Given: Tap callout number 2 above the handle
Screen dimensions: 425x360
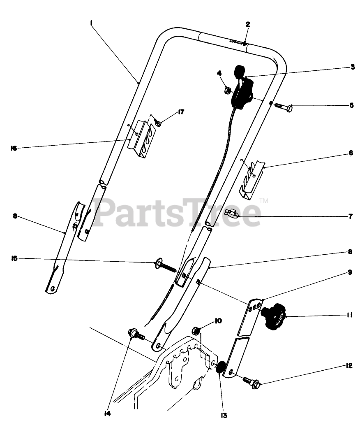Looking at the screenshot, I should tap(247, 25).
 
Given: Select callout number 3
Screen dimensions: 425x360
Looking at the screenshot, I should tap(353, 67).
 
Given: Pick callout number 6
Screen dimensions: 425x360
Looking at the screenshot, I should tap(351, 153).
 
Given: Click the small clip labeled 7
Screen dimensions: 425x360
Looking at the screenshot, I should tap(233, 214).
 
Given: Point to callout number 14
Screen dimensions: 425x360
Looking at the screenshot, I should tap(108, 414).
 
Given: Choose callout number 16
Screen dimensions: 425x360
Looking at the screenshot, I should tap(14, 149).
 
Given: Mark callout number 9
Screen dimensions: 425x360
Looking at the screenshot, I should tap(350, 272).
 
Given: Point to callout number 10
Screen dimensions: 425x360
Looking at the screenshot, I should tap(217, 320).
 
